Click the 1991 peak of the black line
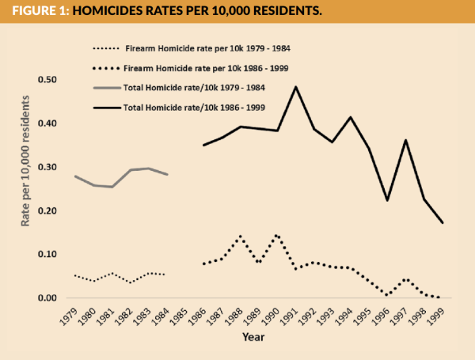[x=295, y=86]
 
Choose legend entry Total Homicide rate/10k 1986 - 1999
[x=194, y=107]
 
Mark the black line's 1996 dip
[x=387, y=200]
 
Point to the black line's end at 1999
[x=442, y=223]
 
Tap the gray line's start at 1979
[x=75, y=176]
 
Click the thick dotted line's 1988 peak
[x=240, y=236]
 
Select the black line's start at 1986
[x=203, y=145]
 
